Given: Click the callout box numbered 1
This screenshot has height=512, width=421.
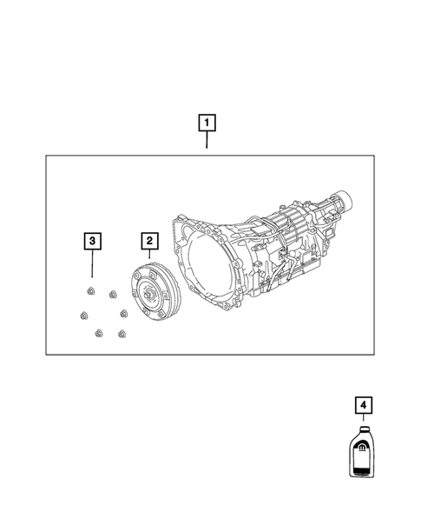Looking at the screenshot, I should [x=207, y=123].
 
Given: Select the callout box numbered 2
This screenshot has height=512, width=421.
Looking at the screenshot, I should [x=149, y=240].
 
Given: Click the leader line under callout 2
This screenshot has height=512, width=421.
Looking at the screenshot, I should [x=149, y=256].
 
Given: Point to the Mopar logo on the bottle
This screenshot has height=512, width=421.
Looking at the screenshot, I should [x=359, y=449].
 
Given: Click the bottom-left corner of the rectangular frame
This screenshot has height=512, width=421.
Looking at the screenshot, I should [x=47, y=354].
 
